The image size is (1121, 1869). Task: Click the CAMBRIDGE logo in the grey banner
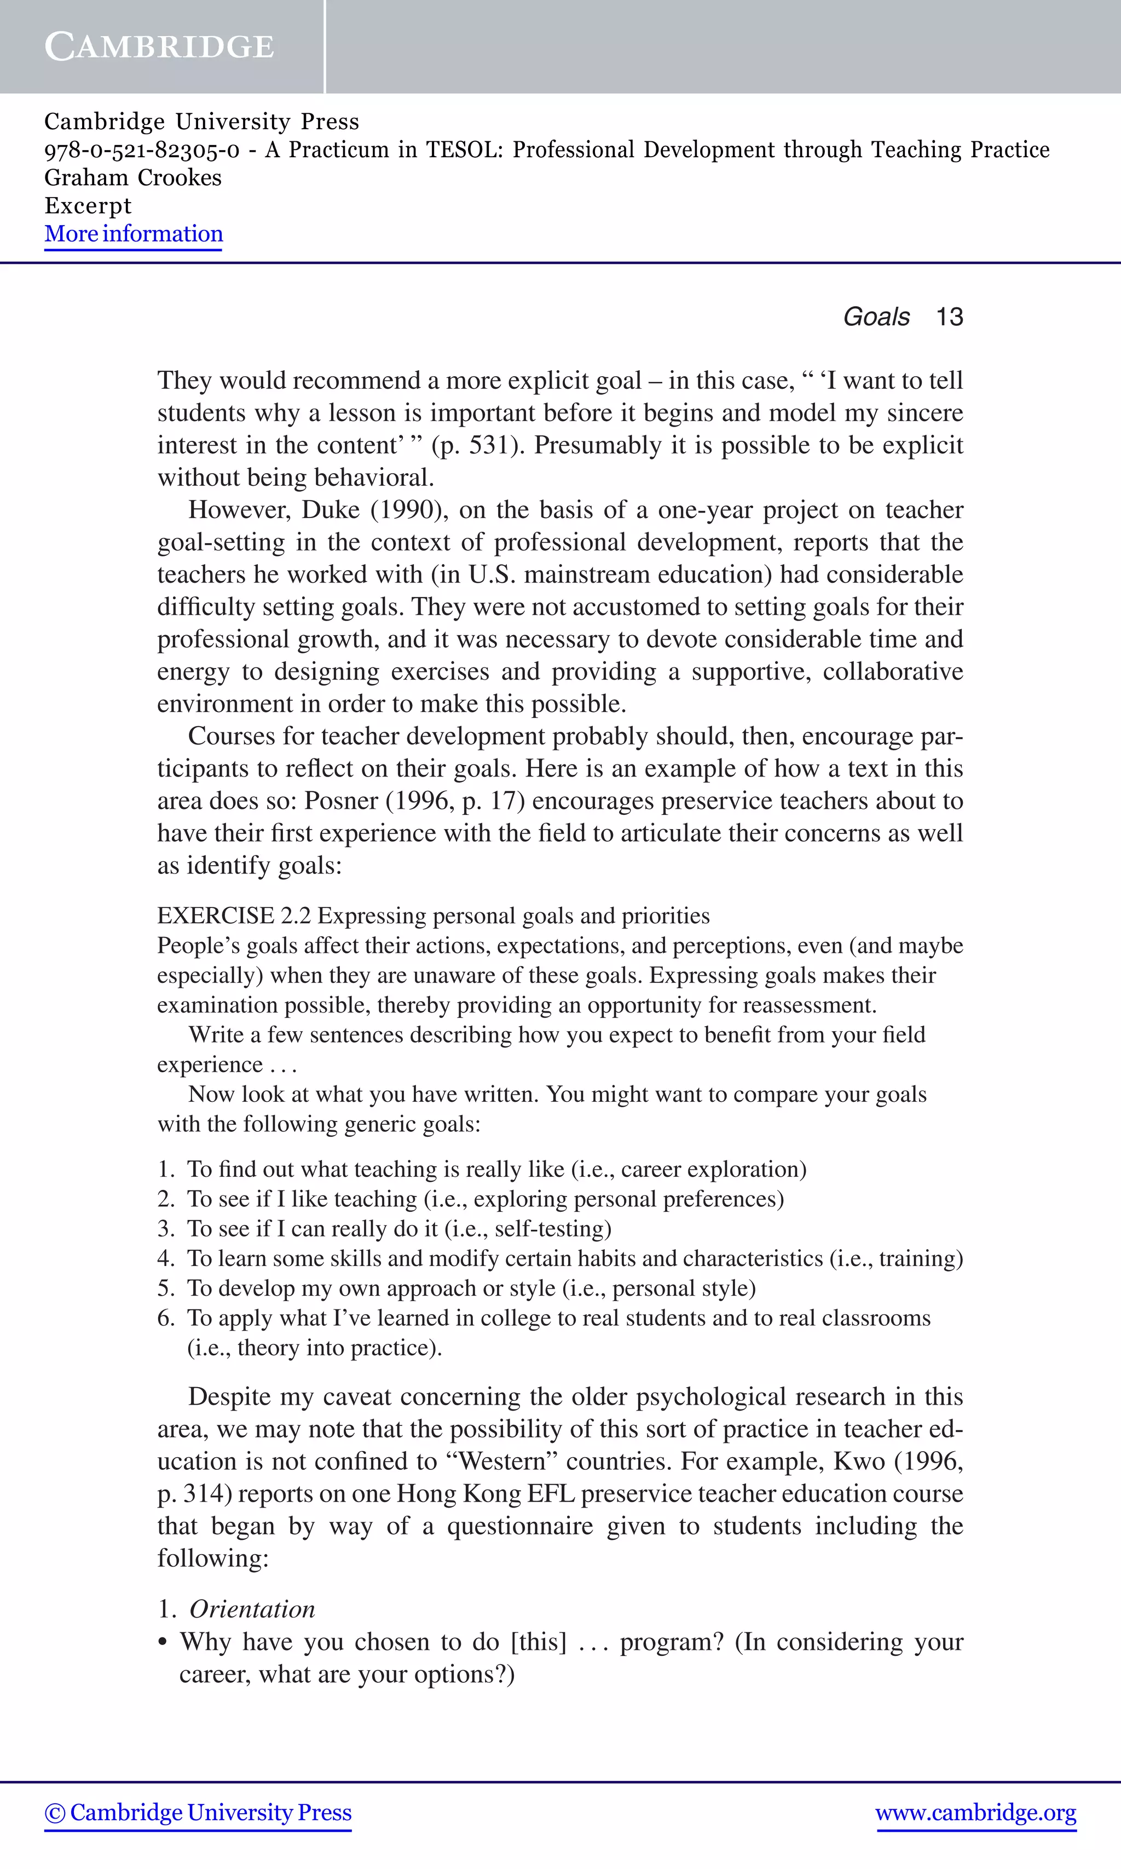point(159,47)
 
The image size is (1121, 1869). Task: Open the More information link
point(134,234)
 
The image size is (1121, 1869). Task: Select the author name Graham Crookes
point(133,177)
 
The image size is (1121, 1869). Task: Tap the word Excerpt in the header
point(88,205)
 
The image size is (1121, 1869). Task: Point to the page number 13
point(950,317)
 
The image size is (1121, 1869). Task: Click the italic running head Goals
point(876,317)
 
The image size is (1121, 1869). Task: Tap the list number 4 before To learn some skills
point(165,1258)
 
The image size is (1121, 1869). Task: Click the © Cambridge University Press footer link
point(198,1813)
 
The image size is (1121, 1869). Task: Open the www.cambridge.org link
point(976,1813)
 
